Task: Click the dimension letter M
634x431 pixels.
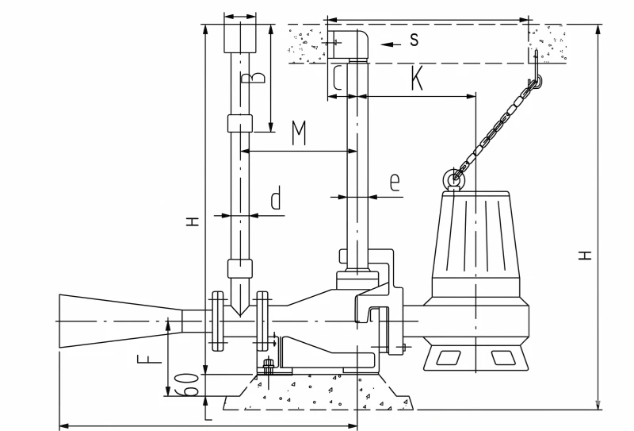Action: [x=300, y=133]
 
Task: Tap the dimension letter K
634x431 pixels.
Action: [x=417, y=78]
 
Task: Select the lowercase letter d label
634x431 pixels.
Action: [x=276, y=198]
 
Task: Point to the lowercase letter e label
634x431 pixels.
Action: [x=395, y=183]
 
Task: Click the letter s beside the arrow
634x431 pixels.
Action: [x=414, y=40]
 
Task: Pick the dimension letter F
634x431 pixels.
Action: [x=150, y=359]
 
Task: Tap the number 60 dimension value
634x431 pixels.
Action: [x=186, y=384]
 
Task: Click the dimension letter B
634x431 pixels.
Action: [x=253, y=78]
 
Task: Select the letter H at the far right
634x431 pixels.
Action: [x=585, y=256]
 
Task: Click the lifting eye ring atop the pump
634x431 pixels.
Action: [x=451, y=178]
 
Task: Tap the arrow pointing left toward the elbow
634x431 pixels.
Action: [x=391, y=44]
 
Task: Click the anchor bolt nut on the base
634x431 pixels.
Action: [x=268, y=366]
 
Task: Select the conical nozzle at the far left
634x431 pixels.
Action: [x=120, y=321]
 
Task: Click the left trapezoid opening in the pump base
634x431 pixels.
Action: [x=448, y=358]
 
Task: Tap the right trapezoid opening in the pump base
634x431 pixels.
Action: [x=503, y=358]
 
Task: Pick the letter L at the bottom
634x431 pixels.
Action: [x=208, y=414]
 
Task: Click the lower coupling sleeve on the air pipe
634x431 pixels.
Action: [x=240, y=268]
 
